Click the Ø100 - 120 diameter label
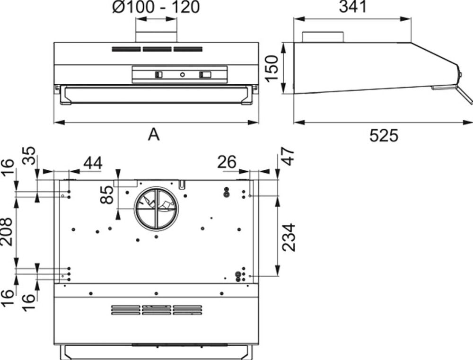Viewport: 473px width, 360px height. click(x=156, y=7)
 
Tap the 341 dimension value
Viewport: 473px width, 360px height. click(x=353, y=6)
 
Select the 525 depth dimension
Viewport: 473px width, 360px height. click(x=384, y=135)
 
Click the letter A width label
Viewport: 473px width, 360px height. click(x=154, y=134)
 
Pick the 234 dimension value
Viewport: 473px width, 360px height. click(x=289, y=237)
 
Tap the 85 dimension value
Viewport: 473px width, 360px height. click(x=107, y=194)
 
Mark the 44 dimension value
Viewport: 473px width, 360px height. click(x=93, y=163)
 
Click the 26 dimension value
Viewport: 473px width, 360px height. click(x=227, y=162)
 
